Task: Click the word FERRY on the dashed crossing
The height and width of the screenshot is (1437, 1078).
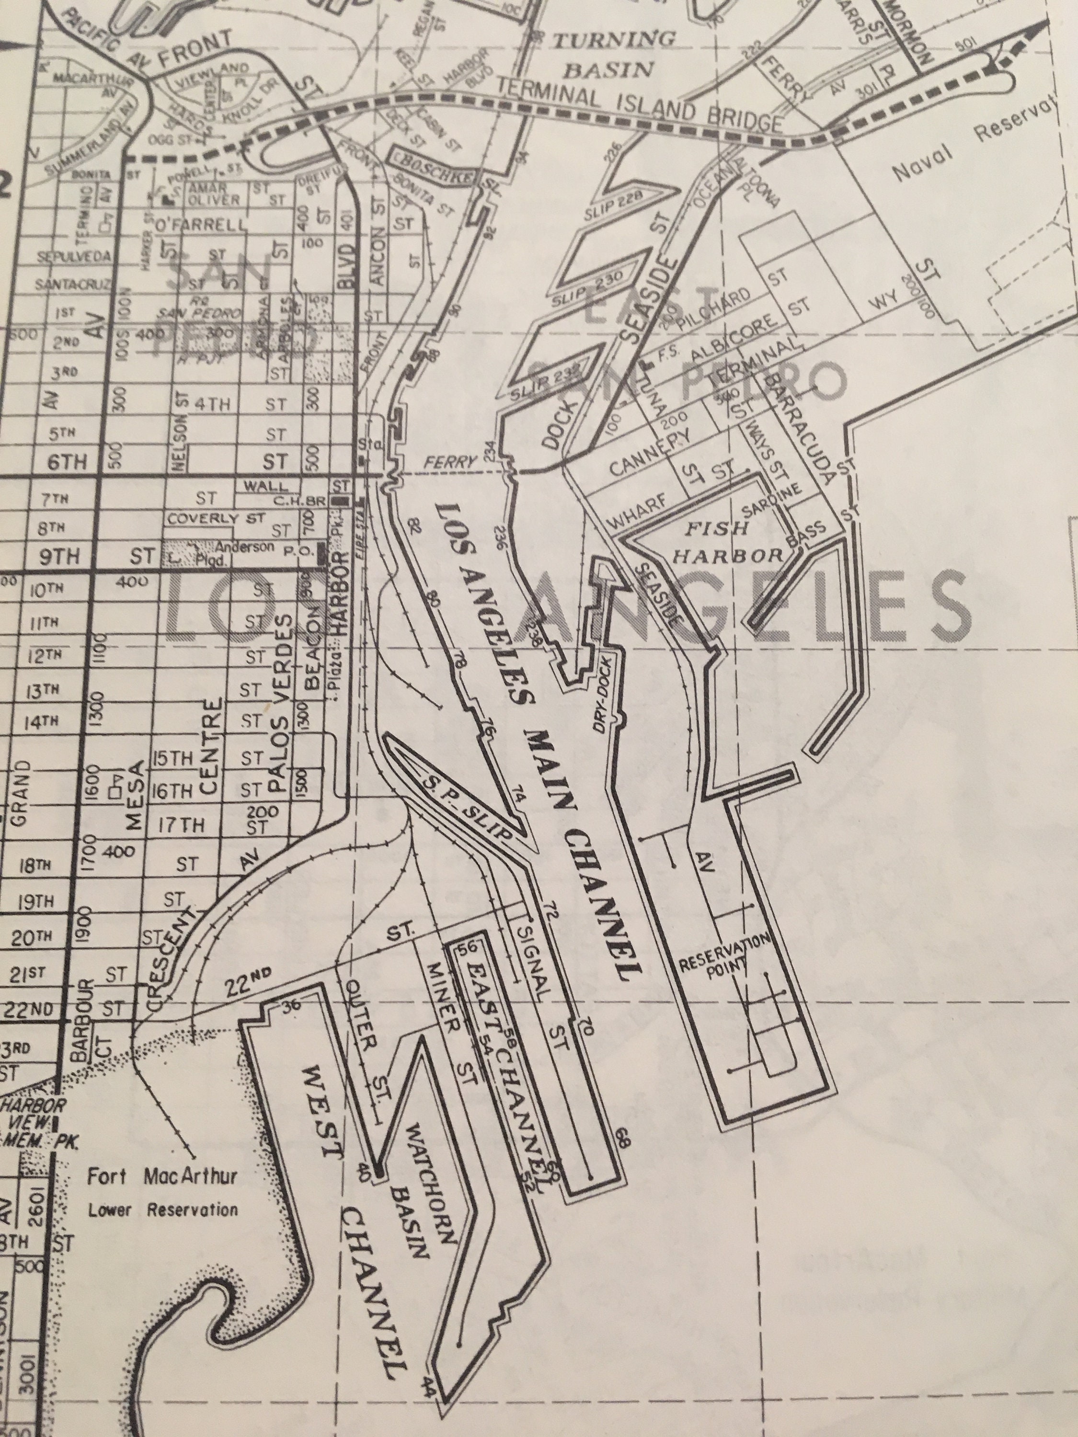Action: coord(448,463)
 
